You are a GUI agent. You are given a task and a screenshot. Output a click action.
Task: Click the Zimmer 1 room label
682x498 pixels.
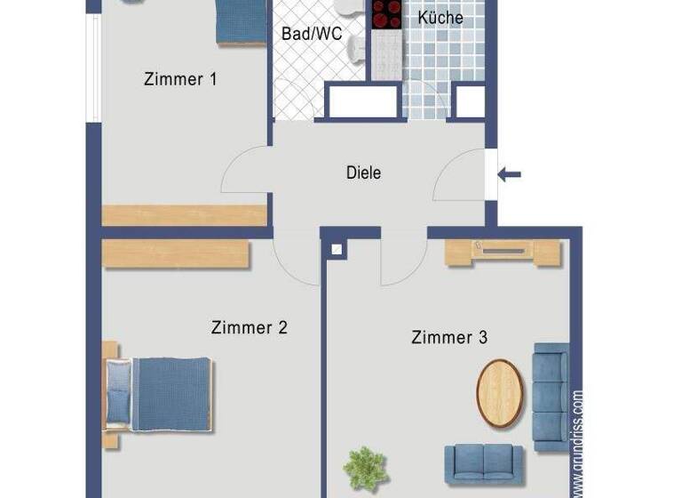click(180, 79)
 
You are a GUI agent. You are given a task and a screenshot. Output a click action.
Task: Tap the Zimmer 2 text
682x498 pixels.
click(249, 327)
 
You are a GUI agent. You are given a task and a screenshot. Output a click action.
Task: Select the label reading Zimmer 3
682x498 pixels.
click(448, 337)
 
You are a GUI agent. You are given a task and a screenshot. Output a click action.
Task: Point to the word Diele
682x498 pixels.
click(363, 173)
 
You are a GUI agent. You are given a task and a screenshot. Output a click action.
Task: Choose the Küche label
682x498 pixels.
click(440, 18)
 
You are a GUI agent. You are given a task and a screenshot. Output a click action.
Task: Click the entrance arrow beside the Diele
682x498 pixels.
click(509, 174)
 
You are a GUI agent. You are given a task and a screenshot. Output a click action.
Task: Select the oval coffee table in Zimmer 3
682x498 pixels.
click(498, 393)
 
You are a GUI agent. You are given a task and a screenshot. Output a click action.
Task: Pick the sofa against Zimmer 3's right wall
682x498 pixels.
click(551, 396)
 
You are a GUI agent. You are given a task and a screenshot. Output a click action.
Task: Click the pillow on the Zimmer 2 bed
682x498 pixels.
click(118, 393)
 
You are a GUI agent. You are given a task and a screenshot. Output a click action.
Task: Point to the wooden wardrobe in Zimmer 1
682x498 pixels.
click(184, 215)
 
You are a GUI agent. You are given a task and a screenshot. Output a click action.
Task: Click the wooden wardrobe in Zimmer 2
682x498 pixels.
click(175, 254)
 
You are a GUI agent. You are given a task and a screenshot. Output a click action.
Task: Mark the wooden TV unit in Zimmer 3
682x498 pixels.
click(503, 253)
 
